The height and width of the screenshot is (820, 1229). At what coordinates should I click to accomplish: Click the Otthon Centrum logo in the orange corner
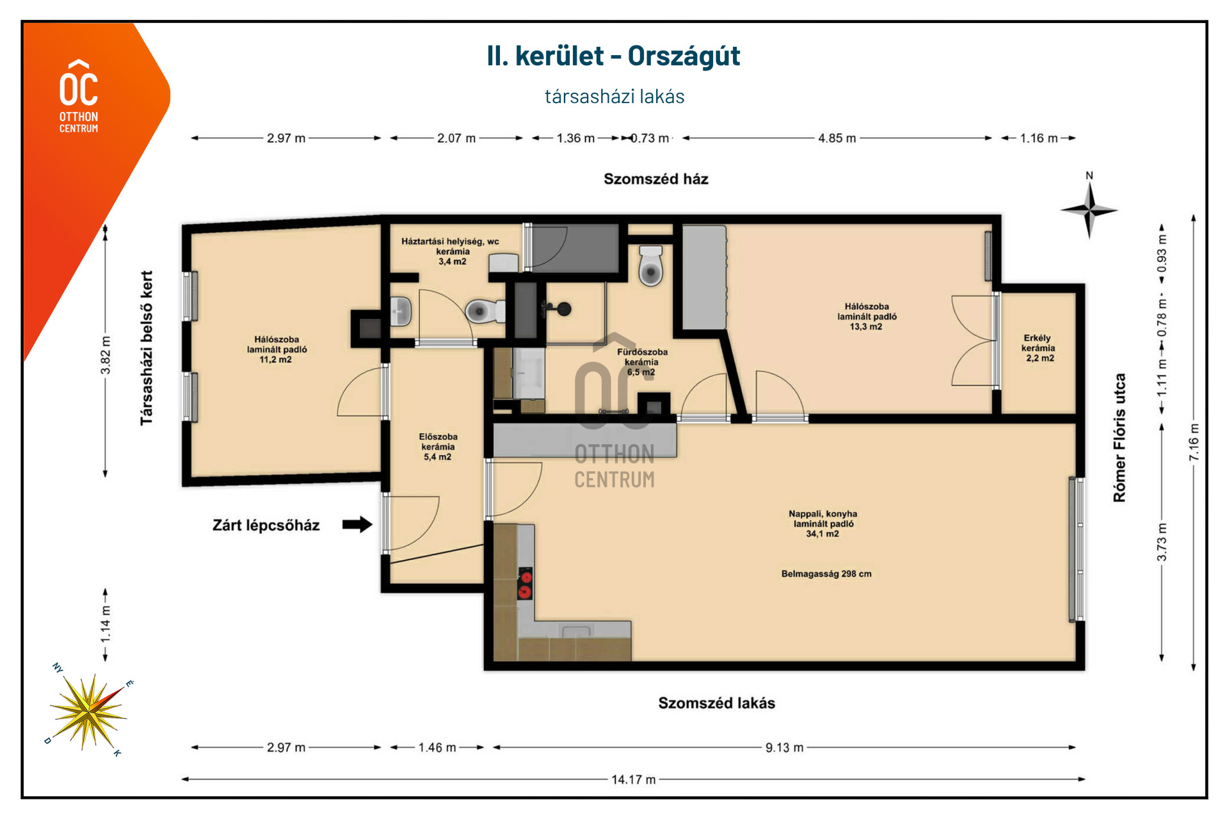pyautogui.click(x=79, y=96)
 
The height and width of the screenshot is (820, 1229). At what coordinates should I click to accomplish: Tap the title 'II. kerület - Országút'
pyautogui.click(x=613, y=56)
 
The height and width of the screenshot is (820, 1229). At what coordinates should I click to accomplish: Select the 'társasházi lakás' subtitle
pyautogui.click(x=614, y=97)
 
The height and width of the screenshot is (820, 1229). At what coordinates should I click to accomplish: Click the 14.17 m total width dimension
pyautogui.click(x=633, y=779)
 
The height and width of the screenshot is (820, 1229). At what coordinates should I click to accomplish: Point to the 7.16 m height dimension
pyautogui.click(x=1194, y=442)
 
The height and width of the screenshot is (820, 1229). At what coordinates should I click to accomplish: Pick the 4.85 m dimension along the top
pyautogui.click(x=837, y=138)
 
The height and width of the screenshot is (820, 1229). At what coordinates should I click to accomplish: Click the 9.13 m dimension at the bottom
pyautogui.click(x=784, y=747)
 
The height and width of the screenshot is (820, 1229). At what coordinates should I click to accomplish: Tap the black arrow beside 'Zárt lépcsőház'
pyautogui.click(x=357, y=525)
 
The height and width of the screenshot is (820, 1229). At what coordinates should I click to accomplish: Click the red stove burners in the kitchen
pyautogui.click(x=525, y=583)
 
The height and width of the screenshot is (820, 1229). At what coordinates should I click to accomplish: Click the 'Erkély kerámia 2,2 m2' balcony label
pyautogui.click(x=1038, y=348)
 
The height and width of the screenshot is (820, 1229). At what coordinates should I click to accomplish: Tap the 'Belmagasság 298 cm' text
pyautogui.click(x=826, y=574)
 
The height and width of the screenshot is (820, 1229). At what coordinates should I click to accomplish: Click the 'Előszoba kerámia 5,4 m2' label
pyautogui.click(x=438, y=447)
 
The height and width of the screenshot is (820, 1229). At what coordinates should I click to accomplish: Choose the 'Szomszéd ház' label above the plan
pyautogui.click(x=656, y=179)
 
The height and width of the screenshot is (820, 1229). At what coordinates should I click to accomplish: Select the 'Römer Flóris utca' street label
pyautogui.click(x=1119, y=438)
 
